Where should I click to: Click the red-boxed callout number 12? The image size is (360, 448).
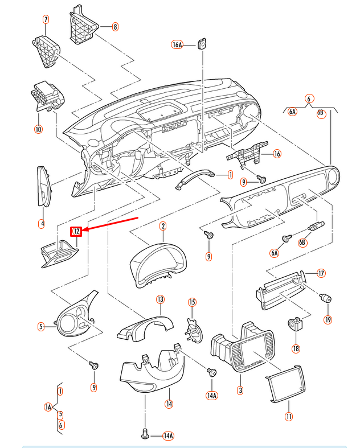click(76, 231)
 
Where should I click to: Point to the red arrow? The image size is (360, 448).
click(111, 224)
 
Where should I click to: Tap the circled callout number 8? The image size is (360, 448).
click(115, 26)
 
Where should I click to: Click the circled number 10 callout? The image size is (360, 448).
click(38, 129)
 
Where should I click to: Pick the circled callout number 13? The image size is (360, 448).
click(160, 299)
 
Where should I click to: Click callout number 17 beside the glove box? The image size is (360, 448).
click(321, 273)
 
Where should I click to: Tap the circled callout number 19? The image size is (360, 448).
click(328, 319)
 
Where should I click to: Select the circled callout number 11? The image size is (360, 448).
click(288, 417)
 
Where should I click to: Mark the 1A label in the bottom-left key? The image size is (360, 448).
click(48, 406)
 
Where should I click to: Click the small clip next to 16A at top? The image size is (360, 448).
click(202, 43)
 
